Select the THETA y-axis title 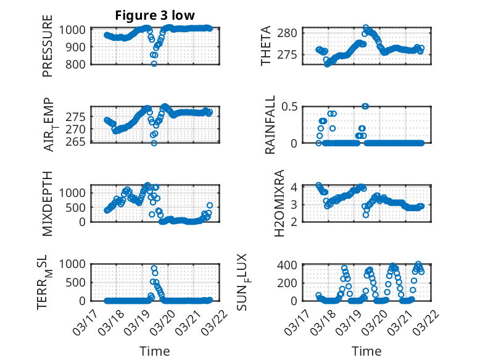point(266,46)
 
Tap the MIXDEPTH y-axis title point(48,203)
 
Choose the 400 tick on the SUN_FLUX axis point(291,266)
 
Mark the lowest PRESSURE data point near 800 point(154,64)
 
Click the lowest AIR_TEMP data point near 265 point(154,143)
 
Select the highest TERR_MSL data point point(154,268)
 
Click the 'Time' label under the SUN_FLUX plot point(366,351)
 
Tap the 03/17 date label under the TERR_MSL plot point(84,322)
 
